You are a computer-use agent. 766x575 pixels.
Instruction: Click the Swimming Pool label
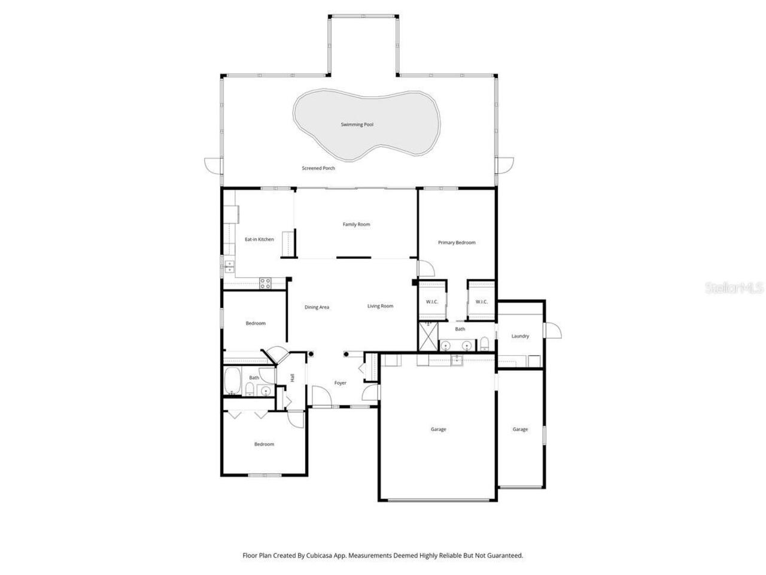point(357,125)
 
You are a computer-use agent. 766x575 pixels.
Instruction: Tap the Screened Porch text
point(318,168)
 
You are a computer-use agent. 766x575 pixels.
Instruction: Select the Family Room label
point(356,225)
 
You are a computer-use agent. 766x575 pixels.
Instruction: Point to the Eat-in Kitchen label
point(259,240)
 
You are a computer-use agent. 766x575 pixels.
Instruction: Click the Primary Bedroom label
point(457,243)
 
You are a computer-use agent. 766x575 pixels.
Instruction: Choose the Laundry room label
point(520,336)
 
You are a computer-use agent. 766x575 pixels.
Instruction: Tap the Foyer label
point(340,383)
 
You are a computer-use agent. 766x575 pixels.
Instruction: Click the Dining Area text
point(317,307)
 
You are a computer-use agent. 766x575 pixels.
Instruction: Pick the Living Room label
point(380,306)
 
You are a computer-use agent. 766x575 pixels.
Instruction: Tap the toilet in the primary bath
point(485,343)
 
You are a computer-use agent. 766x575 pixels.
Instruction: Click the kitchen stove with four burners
point(265,283)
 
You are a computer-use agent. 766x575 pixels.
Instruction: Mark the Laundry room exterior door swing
point(553,331)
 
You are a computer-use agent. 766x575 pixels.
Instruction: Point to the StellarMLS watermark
point(734,288)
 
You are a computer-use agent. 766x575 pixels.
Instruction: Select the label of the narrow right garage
point(520,429)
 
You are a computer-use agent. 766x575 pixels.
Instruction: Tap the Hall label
point(293,377)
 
